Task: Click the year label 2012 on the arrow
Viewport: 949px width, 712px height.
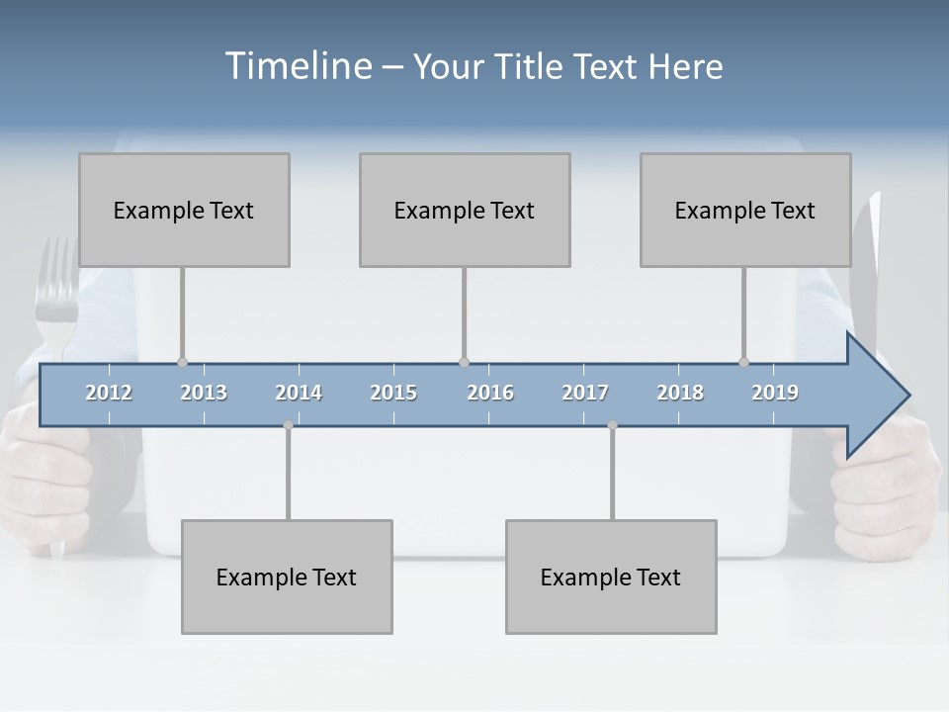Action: pyautogui.click(x=109, y=393)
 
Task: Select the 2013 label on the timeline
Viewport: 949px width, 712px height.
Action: pyautogui.click(x=204, y=393)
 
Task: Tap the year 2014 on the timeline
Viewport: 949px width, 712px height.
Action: pyautogui.click(x=299, y=393)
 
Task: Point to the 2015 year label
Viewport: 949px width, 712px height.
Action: pyautogui.click(x=393, y=393)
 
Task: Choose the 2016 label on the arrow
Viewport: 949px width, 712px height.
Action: pyautogui.click(x=490, y=393)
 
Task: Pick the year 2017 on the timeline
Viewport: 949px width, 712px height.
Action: pyautogui.click(x=585, y=393)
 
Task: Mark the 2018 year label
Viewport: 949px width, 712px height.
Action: pyautogui.click(x=680, y=393)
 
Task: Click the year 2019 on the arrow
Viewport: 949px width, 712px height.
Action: pyautogui.click(x=775, y=393)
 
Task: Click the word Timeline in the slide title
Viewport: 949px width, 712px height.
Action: pyautogui.click(x=297, y=65)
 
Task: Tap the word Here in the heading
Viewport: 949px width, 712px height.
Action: pyautogui.click(x=685, y=66)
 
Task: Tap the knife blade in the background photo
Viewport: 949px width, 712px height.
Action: pyautogui.click(x=869, y=267)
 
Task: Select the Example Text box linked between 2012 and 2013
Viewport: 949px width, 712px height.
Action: pyautogui.click(x=184, y=210)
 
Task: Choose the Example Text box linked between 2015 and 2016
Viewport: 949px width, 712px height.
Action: pyautogui.click(x=465, y=210)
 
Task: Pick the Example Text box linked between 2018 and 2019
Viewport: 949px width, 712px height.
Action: pyautogui.click(x=745, y=210)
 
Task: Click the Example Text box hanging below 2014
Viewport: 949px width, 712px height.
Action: pyautogui.click(x=287, y=577)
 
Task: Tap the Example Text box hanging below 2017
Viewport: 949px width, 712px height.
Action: pyautogui.click(x=611, y=577)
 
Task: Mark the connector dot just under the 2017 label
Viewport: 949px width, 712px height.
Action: pyautogui.click(x=612, y=425)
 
